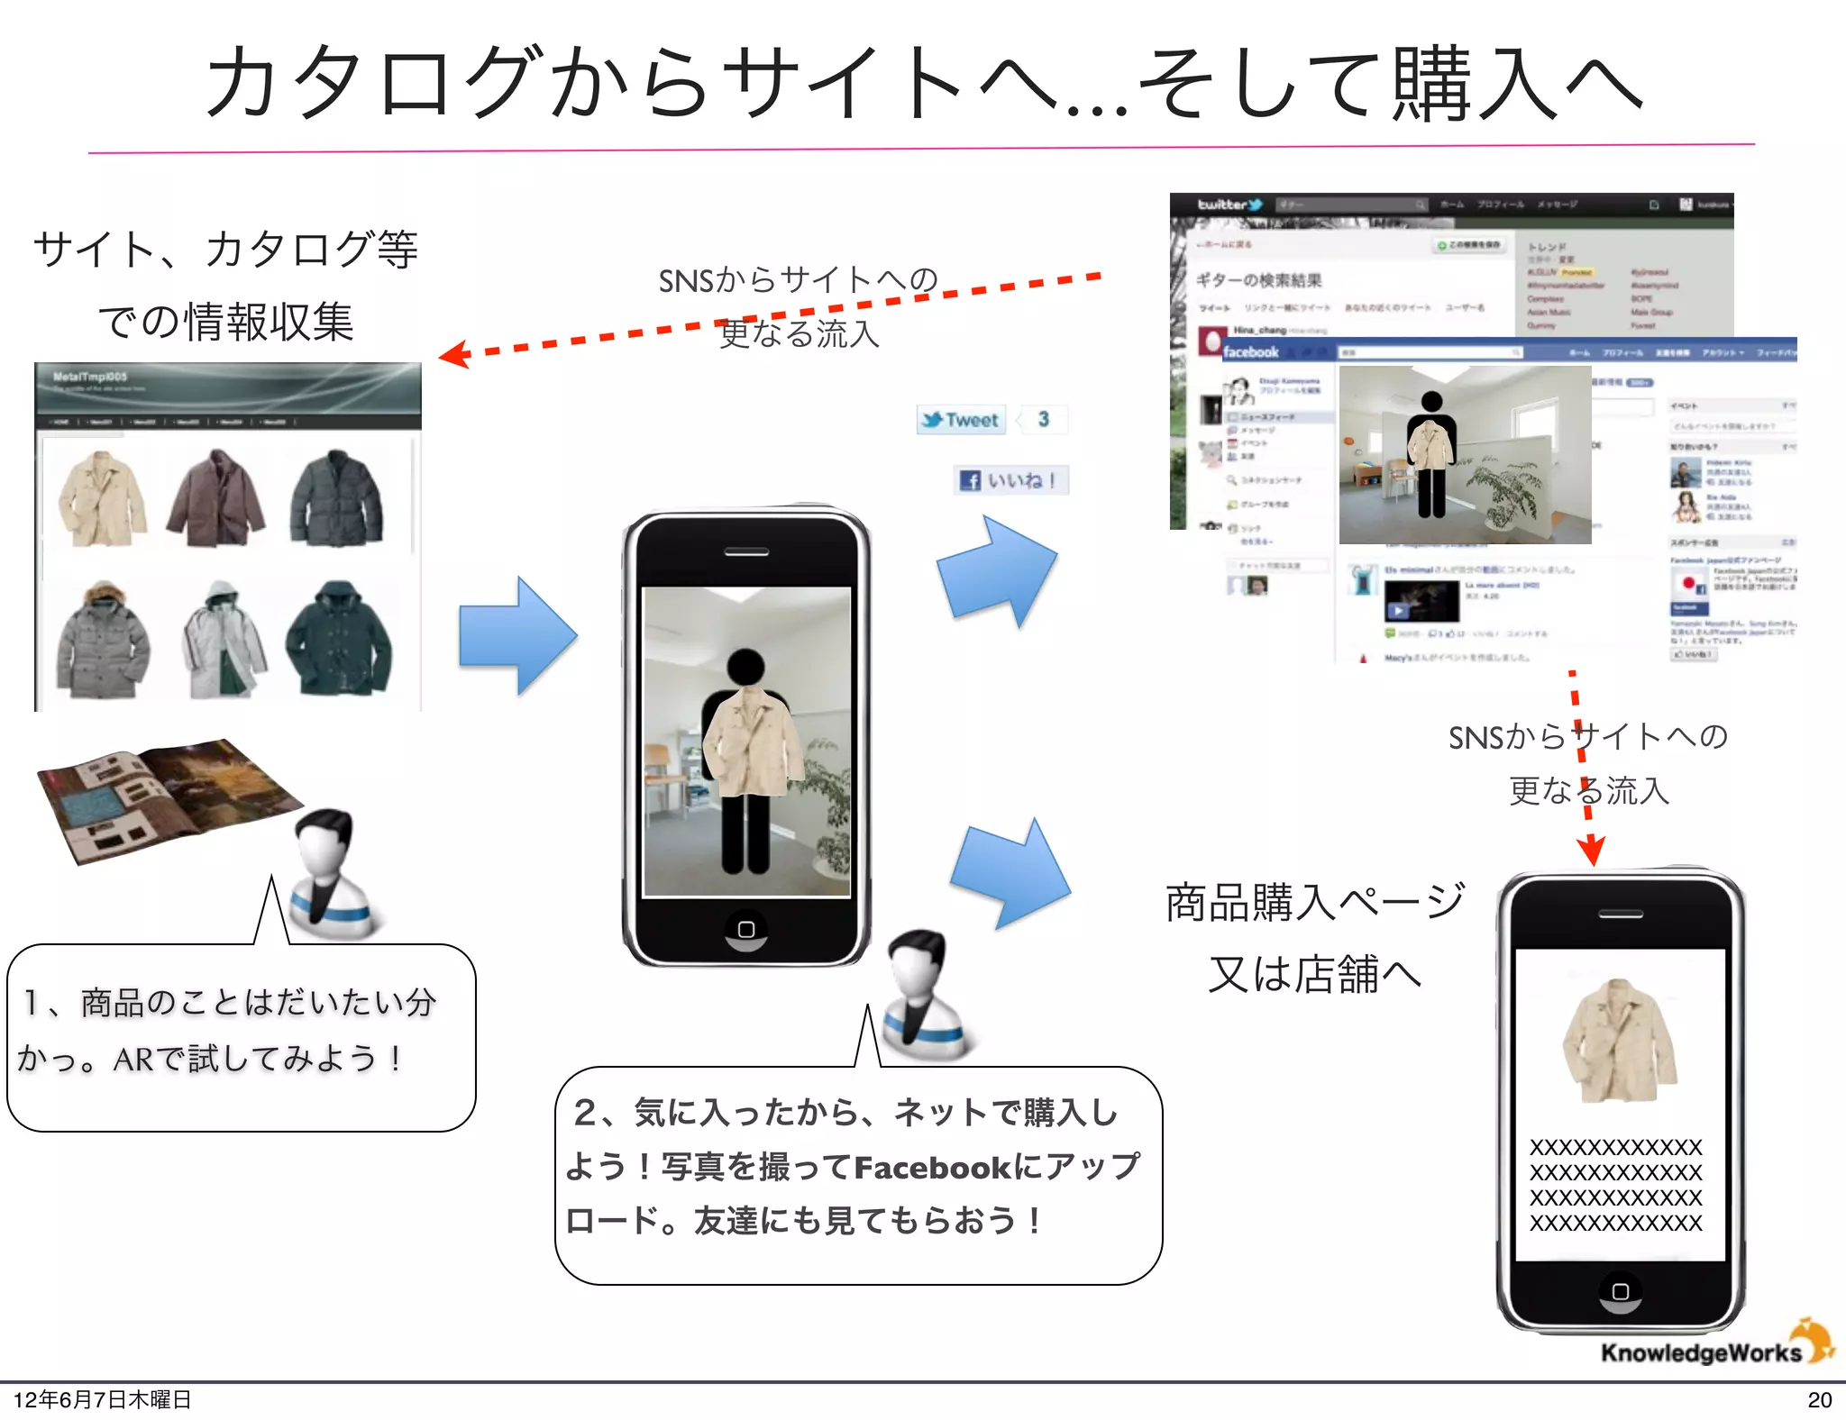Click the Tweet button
[x=961, y=420]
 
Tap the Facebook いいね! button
[x=1010, y=480]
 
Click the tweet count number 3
[x=1043, y=420]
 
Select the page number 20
[x=1819, y=1399]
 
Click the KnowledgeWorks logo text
[x=1700, y=1352]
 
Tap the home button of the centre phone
[x=746, y=929]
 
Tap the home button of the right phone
[x=1620, y=1291]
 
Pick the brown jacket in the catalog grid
[x=216, y=498]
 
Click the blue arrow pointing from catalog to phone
[x=516, y=636]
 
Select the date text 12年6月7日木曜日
[x=102, y=1399]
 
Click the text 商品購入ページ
[x=1314, y=902]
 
